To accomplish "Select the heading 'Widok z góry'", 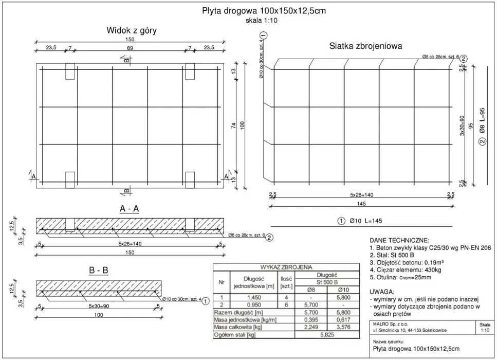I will (131, 31).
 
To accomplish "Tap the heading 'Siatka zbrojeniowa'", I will (365, 46).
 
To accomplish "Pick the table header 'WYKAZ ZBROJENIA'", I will (286, 267).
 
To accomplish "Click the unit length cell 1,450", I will (253, 297).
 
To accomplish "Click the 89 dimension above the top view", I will (130, 48).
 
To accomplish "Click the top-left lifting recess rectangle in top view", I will (70, 71).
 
